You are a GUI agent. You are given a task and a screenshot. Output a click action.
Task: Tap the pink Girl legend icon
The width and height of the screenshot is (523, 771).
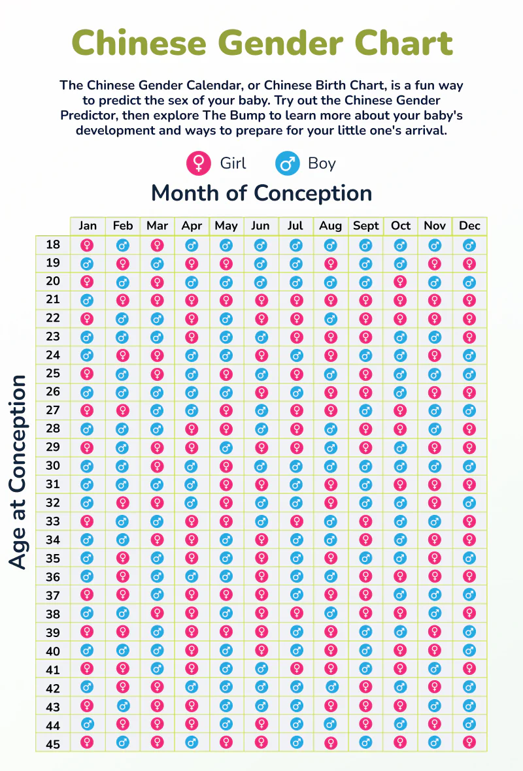click(x=198, y=163)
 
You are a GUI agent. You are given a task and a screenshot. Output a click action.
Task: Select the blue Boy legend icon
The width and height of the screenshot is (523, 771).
click(x=286, y=163)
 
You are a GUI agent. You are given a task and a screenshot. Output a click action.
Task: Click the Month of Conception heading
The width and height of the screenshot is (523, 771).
click(x=261, y=193)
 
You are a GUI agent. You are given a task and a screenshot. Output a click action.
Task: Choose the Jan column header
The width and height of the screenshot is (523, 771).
click(x=88, y=226)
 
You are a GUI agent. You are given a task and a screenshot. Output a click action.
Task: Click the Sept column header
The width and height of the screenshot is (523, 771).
click(x=365, y=226)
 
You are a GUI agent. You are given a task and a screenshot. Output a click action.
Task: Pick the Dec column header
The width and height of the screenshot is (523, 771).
click(x=469, y=226)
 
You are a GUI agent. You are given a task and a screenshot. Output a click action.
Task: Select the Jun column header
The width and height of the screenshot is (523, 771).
click(x=260, y=226)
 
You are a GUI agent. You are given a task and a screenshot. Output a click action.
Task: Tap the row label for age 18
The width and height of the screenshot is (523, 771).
click(x=53, y=245)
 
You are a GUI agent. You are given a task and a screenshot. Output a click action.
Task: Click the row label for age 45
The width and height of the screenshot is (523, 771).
click(x=53, y=743)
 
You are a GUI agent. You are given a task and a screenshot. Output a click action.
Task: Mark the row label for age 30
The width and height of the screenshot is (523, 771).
click(x=53, y=466)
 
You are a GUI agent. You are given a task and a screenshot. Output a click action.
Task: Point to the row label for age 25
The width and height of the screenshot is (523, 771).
click(x=53, y=374)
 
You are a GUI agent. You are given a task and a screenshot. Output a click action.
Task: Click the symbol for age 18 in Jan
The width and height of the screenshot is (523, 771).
click(x=88, y=245)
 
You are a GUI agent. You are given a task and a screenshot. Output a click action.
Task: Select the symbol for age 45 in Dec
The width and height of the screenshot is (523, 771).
click(x=469, y=743)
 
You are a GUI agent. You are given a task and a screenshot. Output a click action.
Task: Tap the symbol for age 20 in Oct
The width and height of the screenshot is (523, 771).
click(x=400, y=282)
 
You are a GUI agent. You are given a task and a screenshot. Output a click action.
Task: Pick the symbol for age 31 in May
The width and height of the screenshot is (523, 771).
click(x=226, y=484)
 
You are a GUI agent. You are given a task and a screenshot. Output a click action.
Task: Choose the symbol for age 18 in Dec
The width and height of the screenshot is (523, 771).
click(x=469, y=245)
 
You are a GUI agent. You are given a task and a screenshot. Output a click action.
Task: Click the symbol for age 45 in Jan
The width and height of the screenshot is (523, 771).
click(x=88, y=743)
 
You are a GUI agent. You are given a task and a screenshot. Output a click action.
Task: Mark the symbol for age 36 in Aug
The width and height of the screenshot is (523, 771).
click(x=331, y=576)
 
